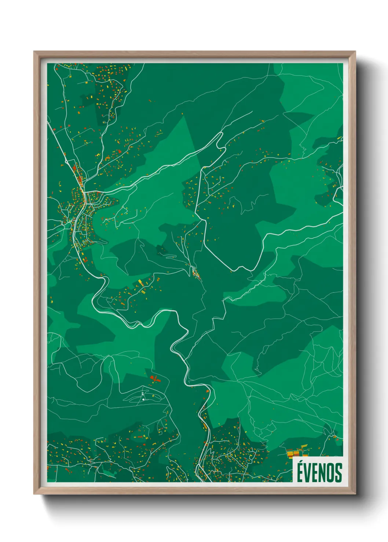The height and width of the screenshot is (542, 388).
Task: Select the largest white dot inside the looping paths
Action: pos(143,400)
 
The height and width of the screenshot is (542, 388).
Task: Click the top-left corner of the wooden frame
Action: pos(34,52)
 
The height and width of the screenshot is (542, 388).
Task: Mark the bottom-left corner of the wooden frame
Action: pos(34,494)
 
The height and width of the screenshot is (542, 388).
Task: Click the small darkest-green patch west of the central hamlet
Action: pos(161,250)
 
